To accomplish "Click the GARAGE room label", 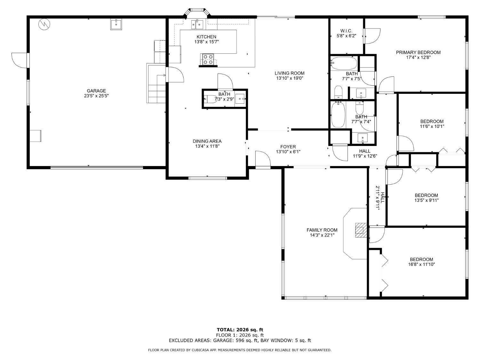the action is tap(96, 91).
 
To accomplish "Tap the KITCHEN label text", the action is tap(206, 37).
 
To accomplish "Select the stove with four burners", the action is tap(208, 60).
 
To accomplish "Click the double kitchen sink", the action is tap(197, 24).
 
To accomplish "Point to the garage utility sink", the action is tap(116, 24).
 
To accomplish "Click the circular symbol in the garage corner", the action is tap(44, 24).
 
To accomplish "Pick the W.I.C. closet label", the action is tap(346, 31).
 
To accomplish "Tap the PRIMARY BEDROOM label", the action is tap(418, 52).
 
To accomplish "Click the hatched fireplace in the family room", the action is tap(361, 230).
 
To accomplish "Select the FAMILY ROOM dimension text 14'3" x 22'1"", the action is tap(322, 235).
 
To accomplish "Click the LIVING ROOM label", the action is tap(290, 73).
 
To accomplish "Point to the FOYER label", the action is tap(288, 147).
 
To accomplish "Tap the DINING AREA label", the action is tap(207, 141).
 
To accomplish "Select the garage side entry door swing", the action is tap(20, 60).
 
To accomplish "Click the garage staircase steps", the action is tap(156, 83).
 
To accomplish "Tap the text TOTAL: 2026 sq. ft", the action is tap(240, 330).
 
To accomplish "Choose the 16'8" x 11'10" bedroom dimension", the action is tap(421, 264).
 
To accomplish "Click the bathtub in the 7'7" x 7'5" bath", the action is tap(344, 63).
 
